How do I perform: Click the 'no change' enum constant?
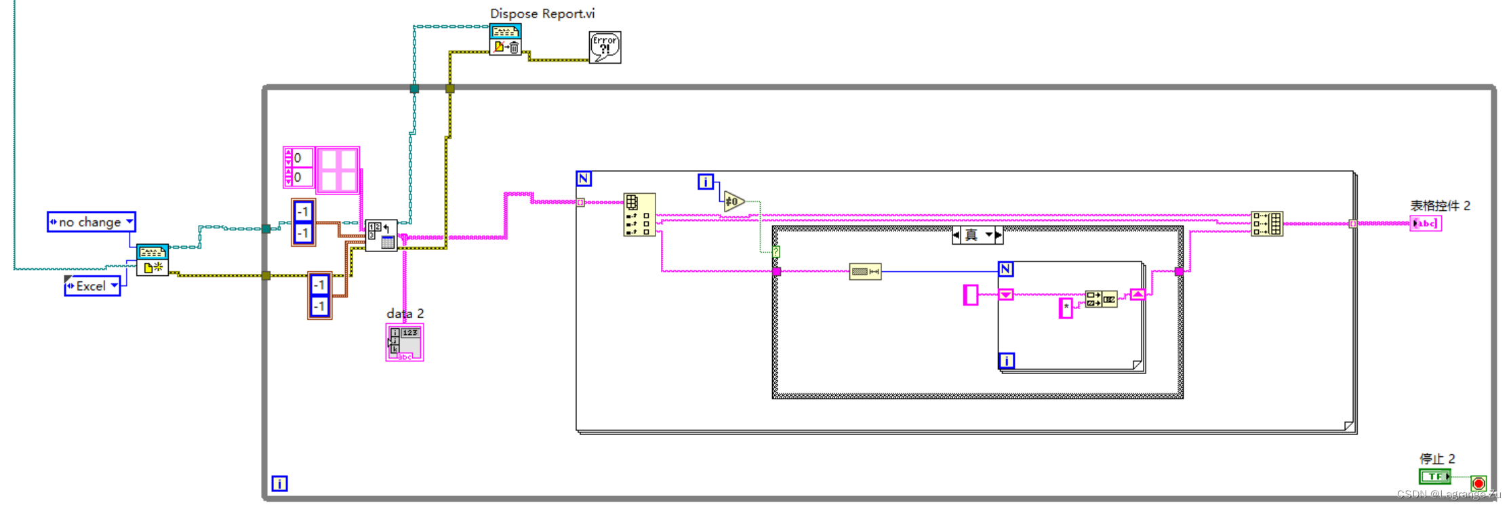91,222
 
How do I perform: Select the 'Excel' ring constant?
92,286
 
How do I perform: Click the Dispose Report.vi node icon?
505,40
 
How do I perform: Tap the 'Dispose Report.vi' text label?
542,14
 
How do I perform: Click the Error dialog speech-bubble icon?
605,47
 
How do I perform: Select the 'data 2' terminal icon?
405,342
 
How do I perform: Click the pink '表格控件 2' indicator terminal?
1426,224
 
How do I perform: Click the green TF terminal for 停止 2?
1434,476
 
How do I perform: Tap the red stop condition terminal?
1478,483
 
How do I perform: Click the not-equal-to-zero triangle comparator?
733,201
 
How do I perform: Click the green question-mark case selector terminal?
776,251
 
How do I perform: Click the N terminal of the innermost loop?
1006,269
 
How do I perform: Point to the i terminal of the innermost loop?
1007,361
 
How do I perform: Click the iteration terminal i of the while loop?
279,483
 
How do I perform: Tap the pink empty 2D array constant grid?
338,170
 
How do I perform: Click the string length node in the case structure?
865,272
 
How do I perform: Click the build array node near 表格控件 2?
1267,223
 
